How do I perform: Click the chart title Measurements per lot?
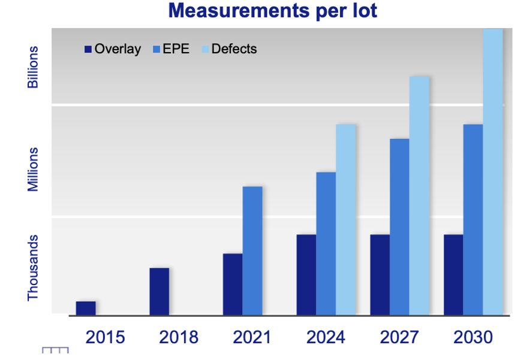click(273, 11)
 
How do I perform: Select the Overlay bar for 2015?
click(86, 307)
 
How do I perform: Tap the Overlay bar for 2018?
click(159, 291)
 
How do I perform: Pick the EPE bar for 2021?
click(252, 250)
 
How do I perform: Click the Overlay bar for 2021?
click(233, 283)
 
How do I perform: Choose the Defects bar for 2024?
click(346, 219)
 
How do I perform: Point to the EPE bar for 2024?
click(326, 243)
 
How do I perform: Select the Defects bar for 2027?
click(419, 195)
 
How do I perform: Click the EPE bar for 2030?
click(473, 219)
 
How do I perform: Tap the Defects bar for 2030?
click(493, 171)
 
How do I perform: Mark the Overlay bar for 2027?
click(380, 274)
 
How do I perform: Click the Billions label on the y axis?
click(33, 67)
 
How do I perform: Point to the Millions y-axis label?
click(33, 170)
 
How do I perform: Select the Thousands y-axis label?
click(33, 268)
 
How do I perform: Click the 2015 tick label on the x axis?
click(105, 337)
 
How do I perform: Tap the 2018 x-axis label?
click(179, 337)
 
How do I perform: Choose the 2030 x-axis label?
click(473, 337)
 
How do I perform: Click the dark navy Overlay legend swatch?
click(88, 49)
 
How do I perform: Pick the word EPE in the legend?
click(176, 49)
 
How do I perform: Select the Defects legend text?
click(234, 49)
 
